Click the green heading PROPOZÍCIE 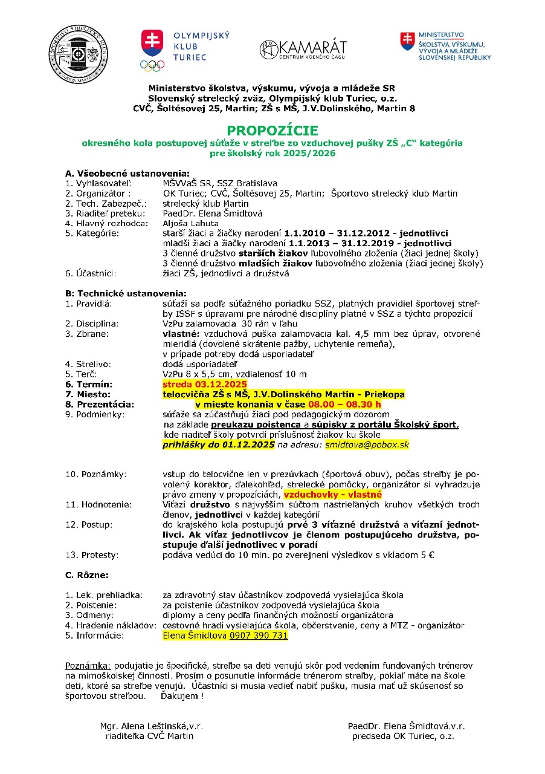pyautogui.click(x=272, y=131)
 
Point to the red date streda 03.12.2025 pyautogui.click(x=205, y=385)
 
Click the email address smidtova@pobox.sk pyautogui.click(x=367, y=444)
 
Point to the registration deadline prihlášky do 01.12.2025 pyautogui.click(x=218, y=444)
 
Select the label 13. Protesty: pyautogui.click(x=92, y=554)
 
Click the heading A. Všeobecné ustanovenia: pyautogui.click(x=127, y=174)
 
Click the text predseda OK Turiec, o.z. pyautogui.click(x=403, y=736)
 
